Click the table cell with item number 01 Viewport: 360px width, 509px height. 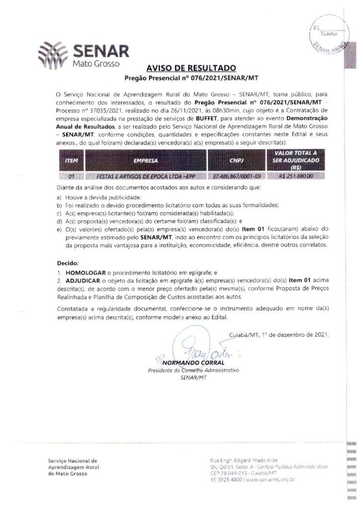pos(71,176)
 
